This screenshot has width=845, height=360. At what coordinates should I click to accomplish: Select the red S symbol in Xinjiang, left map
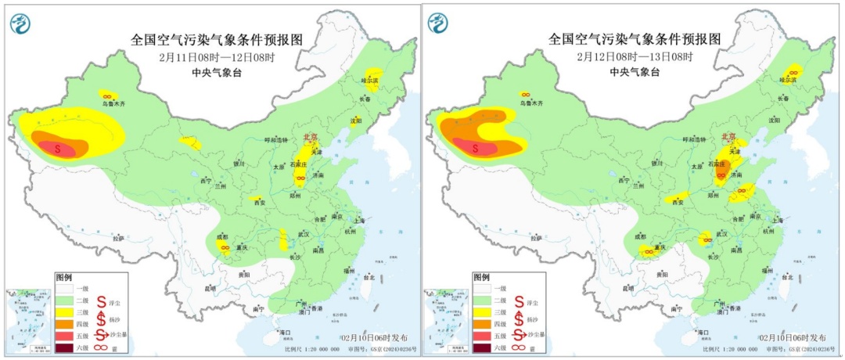tap(58, 148)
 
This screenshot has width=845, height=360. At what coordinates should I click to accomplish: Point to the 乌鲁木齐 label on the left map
tap(113, 103)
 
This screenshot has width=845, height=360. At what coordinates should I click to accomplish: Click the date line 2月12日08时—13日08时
tap(635, 57)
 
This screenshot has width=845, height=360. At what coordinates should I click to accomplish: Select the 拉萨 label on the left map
tap(118, 238)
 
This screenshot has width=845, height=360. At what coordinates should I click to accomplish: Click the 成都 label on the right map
tap(641, 236)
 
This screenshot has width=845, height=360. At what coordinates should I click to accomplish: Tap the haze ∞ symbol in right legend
tap(520, 347)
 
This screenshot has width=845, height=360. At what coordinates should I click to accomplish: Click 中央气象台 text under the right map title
tap(635, 71)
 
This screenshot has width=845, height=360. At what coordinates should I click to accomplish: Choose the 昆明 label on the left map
tap(210, 289)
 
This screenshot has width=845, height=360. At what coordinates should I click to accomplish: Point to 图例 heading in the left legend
tap(64, 278)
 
